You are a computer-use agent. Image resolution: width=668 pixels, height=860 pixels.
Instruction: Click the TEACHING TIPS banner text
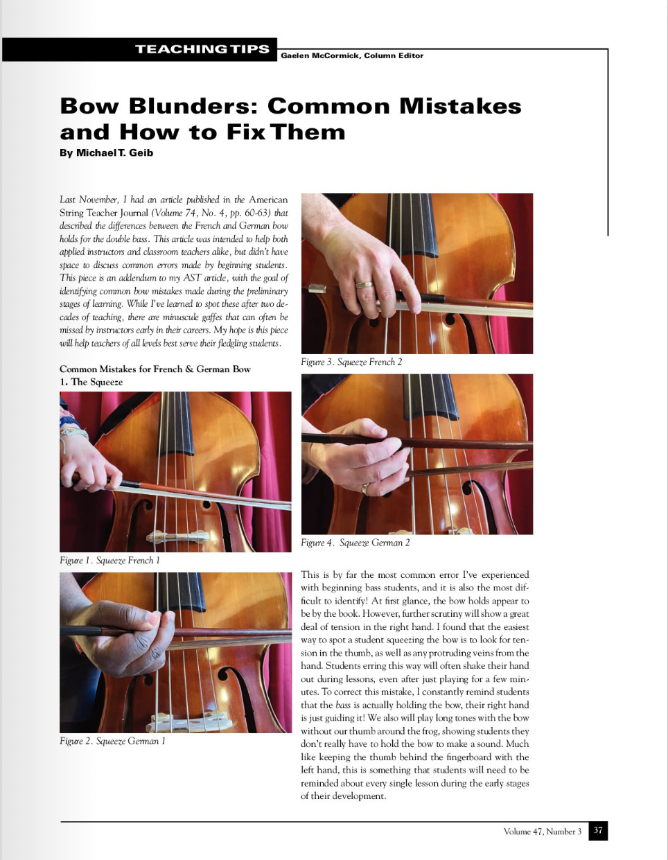pyautogui.click(x=202, y=49)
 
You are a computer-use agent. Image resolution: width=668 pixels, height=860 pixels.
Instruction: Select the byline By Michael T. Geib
pyautogui.click(x=107, y=152)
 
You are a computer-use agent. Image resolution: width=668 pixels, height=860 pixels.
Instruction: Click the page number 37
pyautogui.click(x=598, y=830)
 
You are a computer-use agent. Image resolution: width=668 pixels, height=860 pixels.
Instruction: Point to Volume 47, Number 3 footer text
pyautogui.click(x=543, y=831)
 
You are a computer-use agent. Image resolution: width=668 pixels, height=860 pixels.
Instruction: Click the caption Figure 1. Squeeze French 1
pyautogui.click(x=110, y=561)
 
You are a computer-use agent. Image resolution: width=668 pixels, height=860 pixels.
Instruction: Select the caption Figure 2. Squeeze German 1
pyautogui.click(x=112, y=741)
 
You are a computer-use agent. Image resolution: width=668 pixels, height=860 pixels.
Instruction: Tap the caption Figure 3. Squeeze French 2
pyautogui.click(x=351, y=362)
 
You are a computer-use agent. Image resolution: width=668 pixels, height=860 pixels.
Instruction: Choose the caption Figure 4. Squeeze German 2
pyautogui.click(x=355, y=543)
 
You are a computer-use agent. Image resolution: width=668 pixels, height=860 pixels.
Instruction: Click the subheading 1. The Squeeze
pyautogui.click(x=91, y=382)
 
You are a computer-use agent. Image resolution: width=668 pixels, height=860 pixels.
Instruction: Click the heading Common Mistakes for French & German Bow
pyautogui.click(x=155, y=369)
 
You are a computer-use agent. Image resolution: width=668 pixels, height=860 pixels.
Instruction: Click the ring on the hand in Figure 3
pyautogui.click(x=364, y=284)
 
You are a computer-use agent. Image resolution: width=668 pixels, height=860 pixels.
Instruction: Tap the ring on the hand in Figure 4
pyautogui.click(x=365, y=489)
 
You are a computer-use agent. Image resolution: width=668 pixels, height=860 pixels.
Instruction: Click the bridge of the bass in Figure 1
pyautogui.click(x=178, y=537)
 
